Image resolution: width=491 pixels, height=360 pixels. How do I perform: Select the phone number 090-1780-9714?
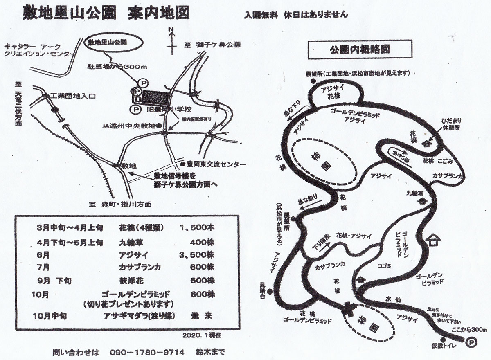148,352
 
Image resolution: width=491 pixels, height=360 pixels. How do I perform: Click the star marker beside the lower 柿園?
349,307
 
